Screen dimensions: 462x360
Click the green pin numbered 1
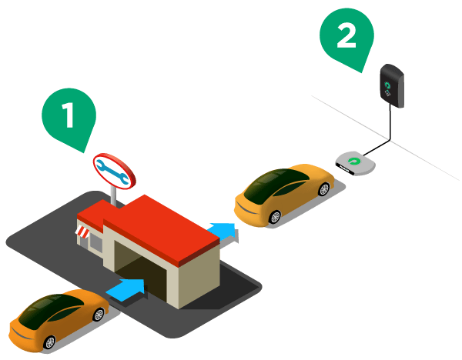tap(69, 115)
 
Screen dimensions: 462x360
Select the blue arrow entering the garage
tap(126, 289)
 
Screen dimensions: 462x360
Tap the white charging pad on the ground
tap(355, 163)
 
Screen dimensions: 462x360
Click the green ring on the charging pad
tap(354, 161)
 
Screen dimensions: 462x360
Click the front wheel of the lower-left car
tap(98, 315)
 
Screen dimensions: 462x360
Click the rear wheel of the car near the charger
tap(276, 217)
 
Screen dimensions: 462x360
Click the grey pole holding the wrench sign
tap(115, 196)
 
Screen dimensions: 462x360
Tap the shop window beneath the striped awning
tap(94, 242)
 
